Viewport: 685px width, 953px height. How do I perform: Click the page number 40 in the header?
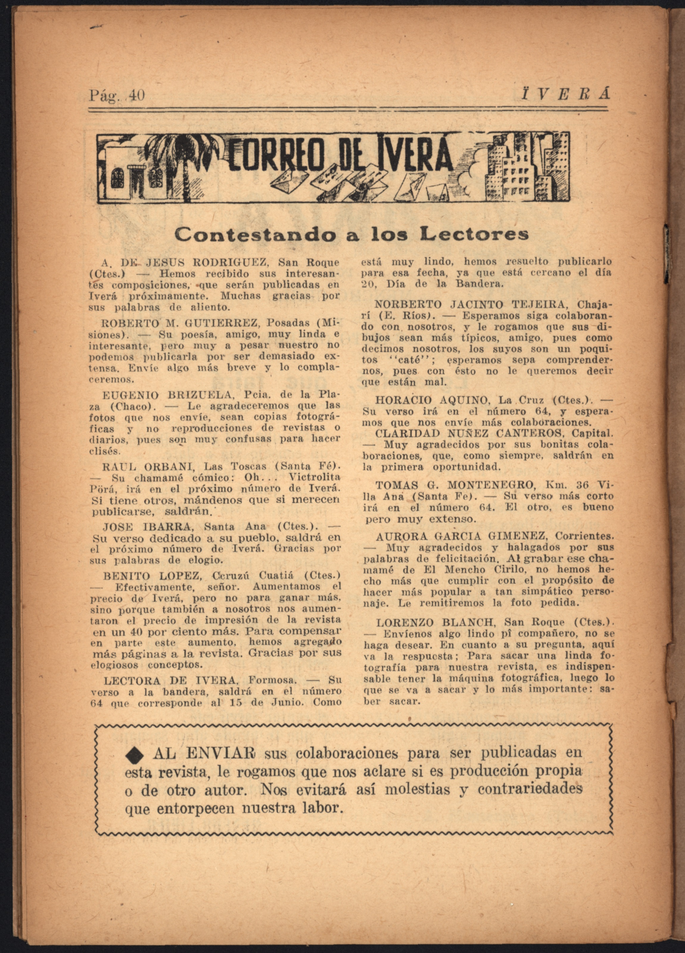click(137, 96)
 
